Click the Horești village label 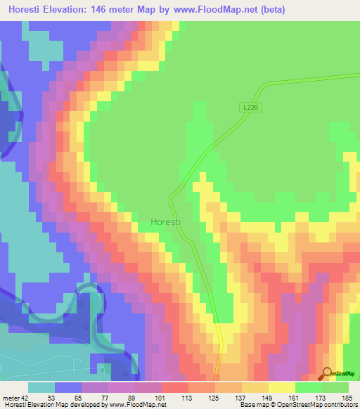(x=165, y=221)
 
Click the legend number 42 (x=25, y=397)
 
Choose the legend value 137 (x=241, y=397)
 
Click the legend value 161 (x=295, y=397)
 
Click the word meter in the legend (x=11, y=397)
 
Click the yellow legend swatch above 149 (x=255, y=387)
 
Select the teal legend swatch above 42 (x=41, y=387)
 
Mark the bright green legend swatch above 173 (x=309, y=387)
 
